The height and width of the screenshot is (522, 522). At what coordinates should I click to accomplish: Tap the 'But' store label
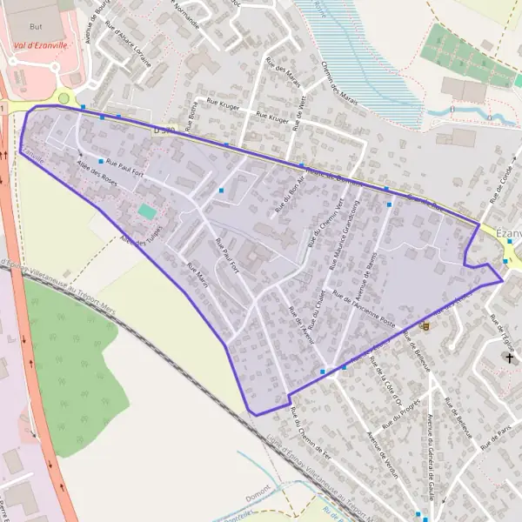35,29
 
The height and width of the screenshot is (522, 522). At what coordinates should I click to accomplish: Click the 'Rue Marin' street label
198,274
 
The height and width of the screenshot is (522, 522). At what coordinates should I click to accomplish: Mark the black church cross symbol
509,358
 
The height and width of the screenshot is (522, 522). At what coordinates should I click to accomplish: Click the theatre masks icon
425,325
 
